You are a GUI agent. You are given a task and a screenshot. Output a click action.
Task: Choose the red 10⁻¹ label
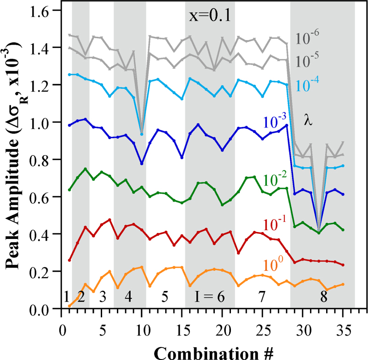276,224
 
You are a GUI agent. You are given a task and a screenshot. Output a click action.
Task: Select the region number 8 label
325,297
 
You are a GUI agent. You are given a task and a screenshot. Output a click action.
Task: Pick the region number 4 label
128,297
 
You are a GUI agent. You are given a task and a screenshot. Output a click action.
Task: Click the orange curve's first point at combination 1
69,306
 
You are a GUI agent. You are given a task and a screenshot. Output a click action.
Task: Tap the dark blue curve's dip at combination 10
142,163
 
